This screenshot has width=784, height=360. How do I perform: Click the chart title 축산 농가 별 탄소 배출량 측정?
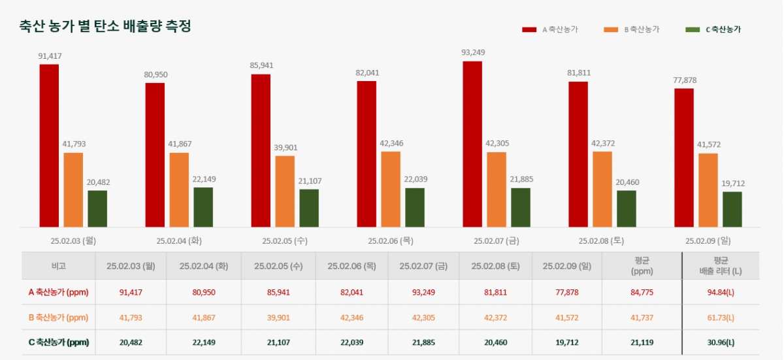[x=105, y=27]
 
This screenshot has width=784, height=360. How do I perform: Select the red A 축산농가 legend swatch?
[x=529, y=29]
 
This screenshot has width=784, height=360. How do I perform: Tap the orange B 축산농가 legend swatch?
[x=611, y=29]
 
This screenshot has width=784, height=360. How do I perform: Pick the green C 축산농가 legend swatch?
[x=693, y=29]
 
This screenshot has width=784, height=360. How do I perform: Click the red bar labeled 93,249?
[x=472, y=144]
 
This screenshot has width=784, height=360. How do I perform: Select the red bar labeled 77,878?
[x=684, y=157]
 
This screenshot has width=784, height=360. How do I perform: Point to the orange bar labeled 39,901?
[x=285, y=191]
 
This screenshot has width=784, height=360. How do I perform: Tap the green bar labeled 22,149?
[x=203, y=207]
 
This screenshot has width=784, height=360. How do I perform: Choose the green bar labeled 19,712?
[x=732, y=209]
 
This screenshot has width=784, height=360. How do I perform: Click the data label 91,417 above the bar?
[x=50, y=56]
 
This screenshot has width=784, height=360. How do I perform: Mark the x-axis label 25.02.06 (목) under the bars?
[x=391, y=240]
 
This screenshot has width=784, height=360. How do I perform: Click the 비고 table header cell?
[x=58, y=266]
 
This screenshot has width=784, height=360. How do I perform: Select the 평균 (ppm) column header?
[x=642, y=266]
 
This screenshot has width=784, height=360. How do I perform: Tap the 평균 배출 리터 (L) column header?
[x=721, y=266]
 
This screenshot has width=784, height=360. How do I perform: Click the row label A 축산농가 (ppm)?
[x=58, y=292]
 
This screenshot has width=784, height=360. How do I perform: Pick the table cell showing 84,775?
[x=642, y=292]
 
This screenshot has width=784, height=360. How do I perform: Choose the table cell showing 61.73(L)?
[x=721, y=318]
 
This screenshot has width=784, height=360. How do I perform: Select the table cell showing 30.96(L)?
[x=721, y=342]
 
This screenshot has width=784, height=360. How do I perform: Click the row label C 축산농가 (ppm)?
[x=58, y=342]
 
